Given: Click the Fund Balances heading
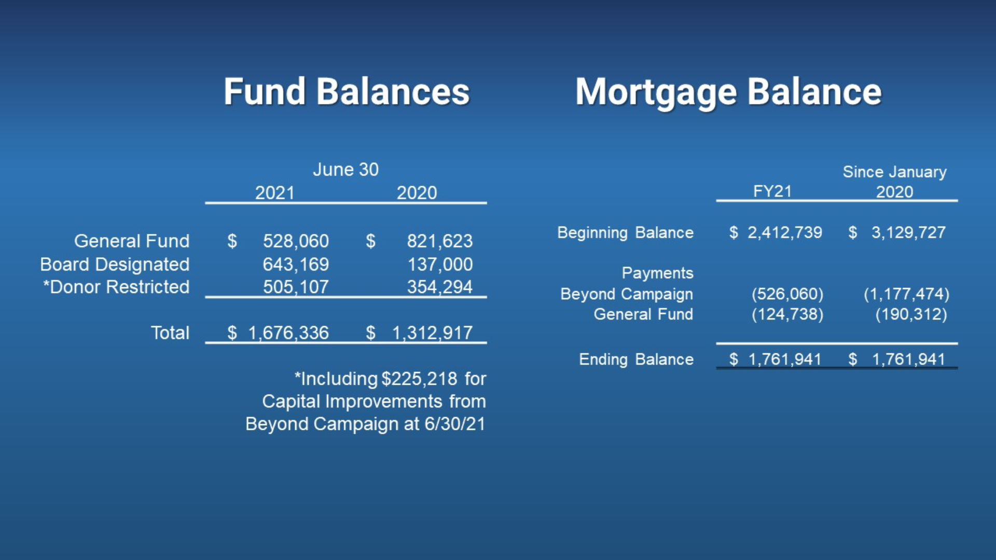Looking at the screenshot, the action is click(x=347, y=92).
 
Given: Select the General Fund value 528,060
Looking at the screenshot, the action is click(x=296, y=241).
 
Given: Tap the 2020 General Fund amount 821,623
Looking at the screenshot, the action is click(x=440, y=241).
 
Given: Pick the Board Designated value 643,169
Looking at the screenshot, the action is click(x=296, y=264).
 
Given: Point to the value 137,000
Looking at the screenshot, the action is click(x=440, y=264).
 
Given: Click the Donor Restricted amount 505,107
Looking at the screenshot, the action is click(x=296, y=287).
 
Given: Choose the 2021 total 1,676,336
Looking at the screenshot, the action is click(x=288, y=333).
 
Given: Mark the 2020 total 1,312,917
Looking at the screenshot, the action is click(x=432, y=333).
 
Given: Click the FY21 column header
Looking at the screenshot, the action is click(x=772, y=191).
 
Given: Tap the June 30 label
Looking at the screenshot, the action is click(x=345, y=170).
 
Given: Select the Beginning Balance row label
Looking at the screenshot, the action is click(x=625, y=233).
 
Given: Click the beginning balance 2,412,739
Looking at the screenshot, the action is click(x=785, y=232).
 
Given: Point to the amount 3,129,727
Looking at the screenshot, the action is click(x=909, y=232).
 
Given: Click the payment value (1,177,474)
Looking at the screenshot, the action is click(x=907, y=294).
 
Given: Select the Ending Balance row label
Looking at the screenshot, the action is click(x=636, y=359).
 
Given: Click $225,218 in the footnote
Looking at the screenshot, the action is click(x=419, y=379).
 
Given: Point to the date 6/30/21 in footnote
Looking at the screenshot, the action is click(x=455, y=424).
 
